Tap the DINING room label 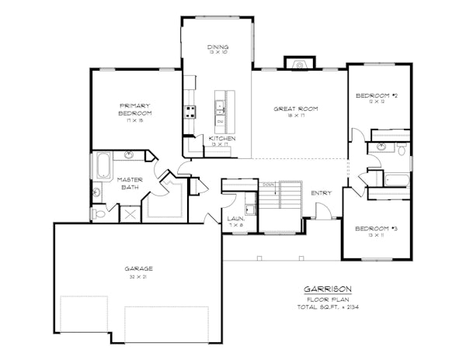point(217,48)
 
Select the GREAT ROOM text point(296,108)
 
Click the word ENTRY point(321,193)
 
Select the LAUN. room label point(236,219)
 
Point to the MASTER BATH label point(130,183)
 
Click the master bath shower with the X point(129,214)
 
